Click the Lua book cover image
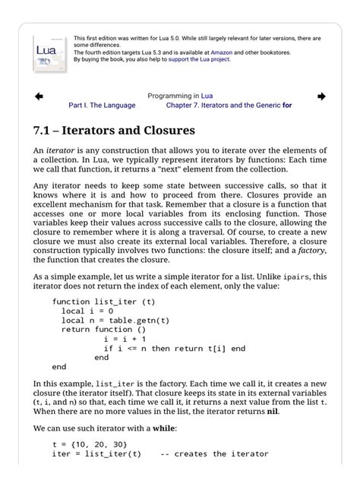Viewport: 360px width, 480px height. pos(50,52)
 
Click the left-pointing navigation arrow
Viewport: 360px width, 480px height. pos(39,96)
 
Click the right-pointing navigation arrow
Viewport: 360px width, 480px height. pos(321,96)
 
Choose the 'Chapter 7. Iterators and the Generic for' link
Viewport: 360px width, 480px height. pos(229,106)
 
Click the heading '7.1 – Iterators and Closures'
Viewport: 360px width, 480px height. pos(114,131)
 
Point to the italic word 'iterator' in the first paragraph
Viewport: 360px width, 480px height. pos(60,151)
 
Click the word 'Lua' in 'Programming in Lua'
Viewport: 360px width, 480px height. pos(207,96)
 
